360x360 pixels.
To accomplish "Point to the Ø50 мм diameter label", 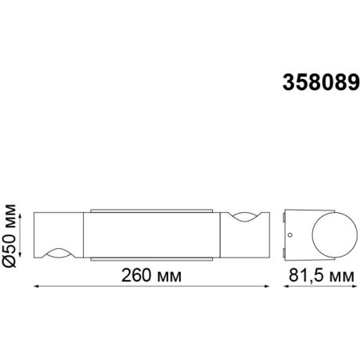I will (11, 234).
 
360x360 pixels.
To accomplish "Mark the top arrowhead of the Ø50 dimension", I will (22, 212).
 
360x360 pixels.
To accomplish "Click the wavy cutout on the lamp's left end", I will (57, 252).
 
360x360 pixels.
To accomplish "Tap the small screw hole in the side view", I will (290, 234).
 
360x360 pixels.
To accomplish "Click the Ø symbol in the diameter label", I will (11, 262).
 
